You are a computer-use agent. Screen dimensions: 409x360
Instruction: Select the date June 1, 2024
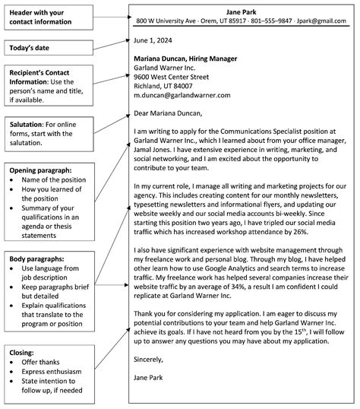point(154,43)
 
